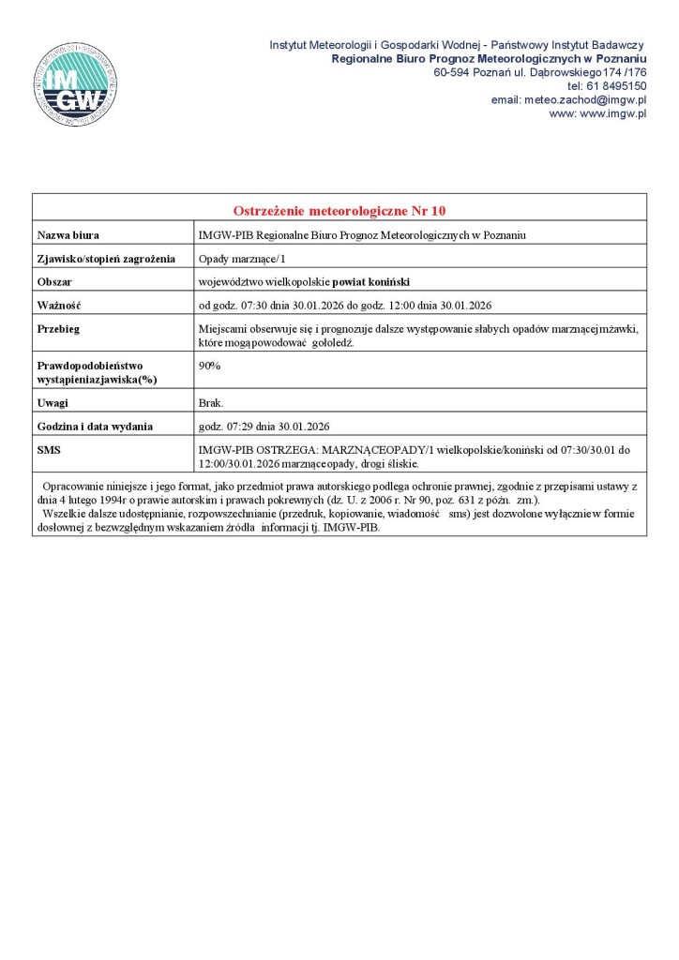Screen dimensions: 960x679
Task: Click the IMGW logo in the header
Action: (75, 82)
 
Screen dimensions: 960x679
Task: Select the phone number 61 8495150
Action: (620, 85)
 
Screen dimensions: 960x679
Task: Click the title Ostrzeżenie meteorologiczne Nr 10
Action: (339, 209)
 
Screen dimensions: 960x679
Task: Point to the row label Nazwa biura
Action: (68, 234)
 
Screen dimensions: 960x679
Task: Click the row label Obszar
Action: (54, 281)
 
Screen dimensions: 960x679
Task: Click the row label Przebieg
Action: (58, 328)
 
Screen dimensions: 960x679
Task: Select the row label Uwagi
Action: (52, 403)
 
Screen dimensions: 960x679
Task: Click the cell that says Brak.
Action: (211, 403)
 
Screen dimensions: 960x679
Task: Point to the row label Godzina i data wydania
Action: (95, 427)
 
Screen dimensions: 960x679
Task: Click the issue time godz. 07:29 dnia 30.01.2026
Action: (264, 427)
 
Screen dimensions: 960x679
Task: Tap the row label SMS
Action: (49, 450)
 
